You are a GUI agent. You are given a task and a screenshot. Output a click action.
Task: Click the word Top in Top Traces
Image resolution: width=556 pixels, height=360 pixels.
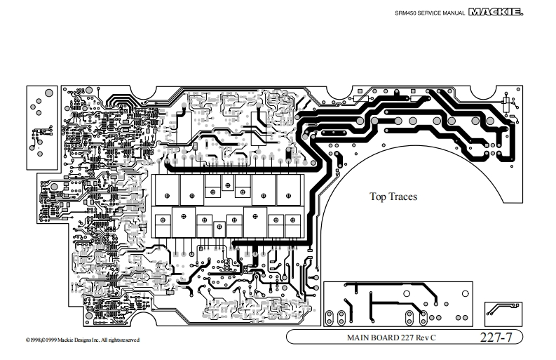coord(378,196)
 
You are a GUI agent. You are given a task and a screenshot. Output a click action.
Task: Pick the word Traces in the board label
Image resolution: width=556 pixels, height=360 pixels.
coord(403,196)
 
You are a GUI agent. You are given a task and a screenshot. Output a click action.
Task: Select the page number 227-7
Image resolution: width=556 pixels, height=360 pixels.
coord(496,337)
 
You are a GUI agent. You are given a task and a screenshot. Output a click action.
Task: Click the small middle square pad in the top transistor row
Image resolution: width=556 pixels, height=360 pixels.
coord(226,184)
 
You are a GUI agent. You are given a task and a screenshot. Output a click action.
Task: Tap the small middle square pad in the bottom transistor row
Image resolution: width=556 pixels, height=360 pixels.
coord(219,229)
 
